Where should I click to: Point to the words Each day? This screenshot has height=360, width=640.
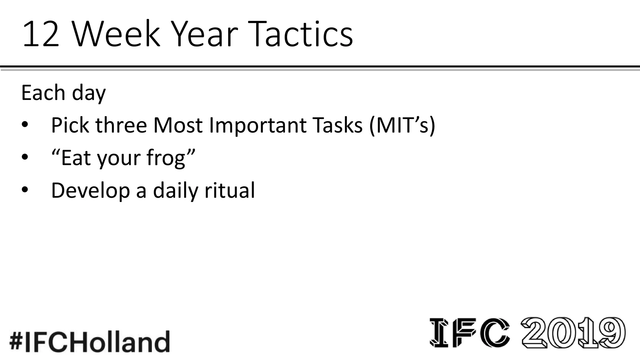(63, 93)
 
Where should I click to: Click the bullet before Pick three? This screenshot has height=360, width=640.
(25, 125)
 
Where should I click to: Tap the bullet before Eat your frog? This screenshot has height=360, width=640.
(25, 158)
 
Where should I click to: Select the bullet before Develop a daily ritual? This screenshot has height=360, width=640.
(25, 190)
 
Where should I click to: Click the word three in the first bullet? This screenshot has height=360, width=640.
(121, 125)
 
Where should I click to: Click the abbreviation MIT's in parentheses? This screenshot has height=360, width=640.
(402, 125)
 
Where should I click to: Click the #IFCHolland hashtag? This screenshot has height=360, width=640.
(90, 341)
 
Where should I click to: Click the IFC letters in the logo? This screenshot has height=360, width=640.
(470, 332)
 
